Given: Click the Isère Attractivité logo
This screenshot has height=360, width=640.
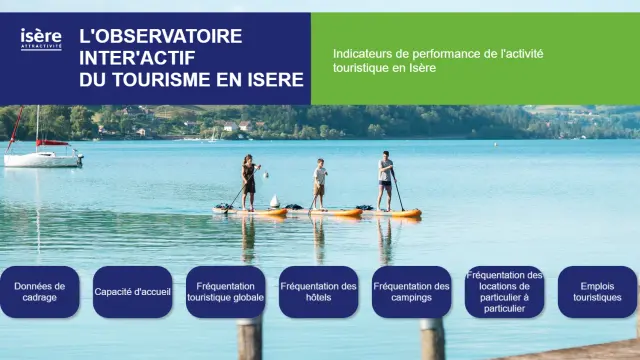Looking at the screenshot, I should point(41,38).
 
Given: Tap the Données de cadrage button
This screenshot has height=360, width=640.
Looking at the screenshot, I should point(40,292).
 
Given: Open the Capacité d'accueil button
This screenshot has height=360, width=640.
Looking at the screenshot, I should point(133,292).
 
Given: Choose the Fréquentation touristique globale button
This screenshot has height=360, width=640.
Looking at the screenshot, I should point(226,292).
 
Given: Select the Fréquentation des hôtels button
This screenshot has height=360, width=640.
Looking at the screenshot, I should point(318,292).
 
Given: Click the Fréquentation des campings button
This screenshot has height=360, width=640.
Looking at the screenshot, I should point(411,292).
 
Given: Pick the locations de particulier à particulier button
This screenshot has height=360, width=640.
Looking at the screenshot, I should point(504,292).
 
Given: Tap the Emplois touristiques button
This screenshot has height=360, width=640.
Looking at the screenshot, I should point(597,292).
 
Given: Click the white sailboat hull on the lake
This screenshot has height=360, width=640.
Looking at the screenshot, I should point(42,159).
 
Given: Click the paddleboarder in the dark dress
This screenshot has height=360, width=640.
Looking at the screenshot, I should point(248,180).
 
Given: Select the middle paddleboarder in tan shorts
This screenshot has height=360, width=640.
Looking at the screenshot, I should point(320,183).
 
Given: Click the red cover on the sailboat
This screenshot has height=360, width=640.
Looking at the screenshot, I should point(51,144).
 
